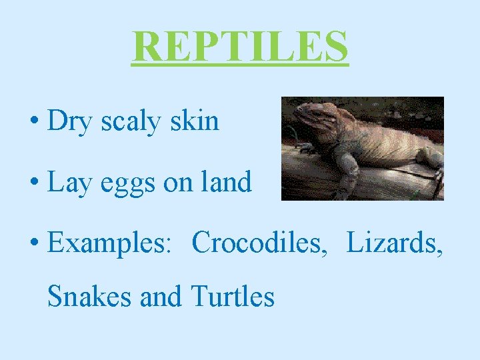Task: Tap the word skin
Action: pos(194,121)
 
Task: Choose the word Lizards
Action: pos(394,243)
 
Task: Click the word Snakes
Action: pos(89,297)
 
